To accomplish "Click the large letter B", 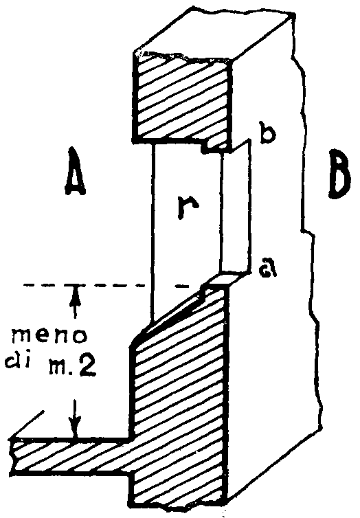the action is click(339, 174).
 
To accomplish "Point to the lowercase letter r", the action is click(188, 207).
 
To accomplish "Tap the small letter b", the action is click(267, 131).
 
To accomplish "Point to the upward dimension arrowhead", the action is click(76, 291).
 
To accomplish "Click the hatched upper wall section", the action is click(181, 98).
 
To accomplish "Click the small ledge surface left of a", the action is click(225, 278).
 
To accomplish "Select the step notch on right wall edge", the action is click(308, 232).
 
